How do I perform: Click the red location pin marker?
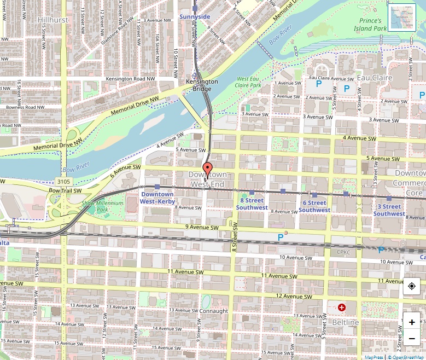[207, 170]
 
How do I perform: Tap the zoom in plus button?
[411, 322]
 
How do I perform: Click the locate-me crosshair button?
[411, 286]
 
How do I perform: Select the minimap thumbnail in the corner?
[402, 17]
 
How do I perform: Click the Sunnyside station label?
[195, 16]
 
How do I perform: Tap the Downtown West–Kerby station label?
[157, 198]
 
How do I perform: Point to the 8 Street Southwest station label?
[252, 205]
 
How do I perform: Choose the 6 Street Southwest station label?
[314, 206]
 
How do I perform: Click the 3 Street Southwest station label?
[389, 210]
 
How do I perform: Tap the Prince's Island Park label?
[370, 25]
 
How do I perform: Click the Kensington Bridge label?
[202, 85]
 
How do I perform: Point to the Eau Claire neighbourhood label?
[375, 78]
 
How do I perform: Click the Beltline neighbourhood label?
[346, 322]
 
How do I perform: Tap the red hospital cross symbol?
[342, 308]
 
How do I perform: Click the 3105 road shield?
[63, 181]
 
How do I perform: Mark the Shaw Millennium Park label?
[95, 206]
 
